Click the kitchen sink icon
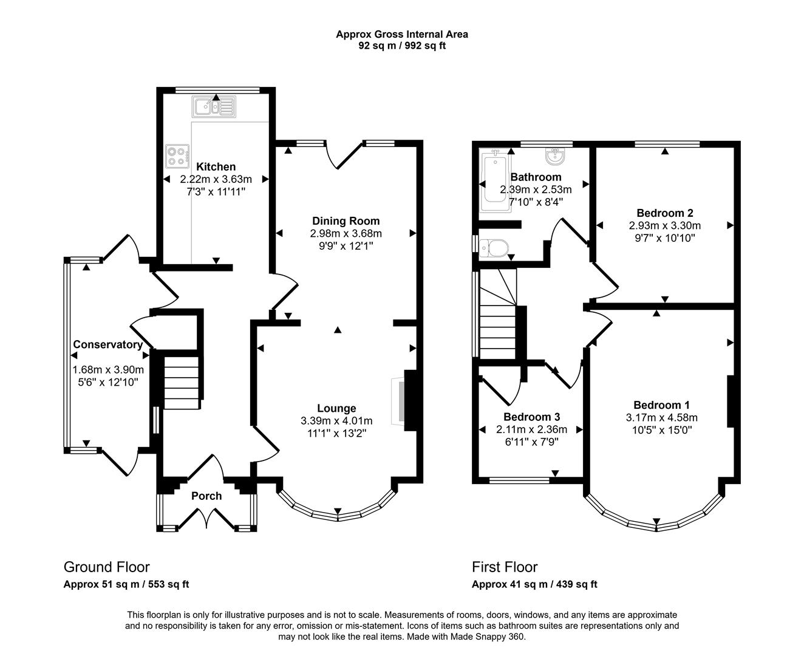pyautogui.click(x=214, y=108)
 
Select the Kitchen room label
pyautogui.click(x=216, y=166)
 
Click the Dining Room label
pyautogui.click(x=346, y=220)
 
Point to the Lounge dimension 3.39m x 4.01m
pyautogui.click(x=336, y=420)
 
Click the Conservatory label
pyautogui.click(x=108, y=344)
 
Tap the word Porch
pyautogui.click(x=206, y=496)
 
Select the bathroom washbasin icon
pyautogui.click(x=556, y=157)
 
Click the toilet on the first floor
pyautogui.click(x=493, y=248)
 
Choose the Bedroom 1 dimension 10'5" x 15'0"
pyautogui.click(x=662, y=429)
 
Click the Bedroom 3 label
pyautogui.click(x=531, y=417)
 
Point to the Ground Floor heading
pyautogui.click(x=106, y=567)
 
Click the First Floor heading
pyautogui.click(x=505, y=567)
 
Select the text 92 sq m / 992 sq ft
pyautogui.click(x=402, y=46)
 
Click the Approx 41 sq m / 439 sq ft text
pyautogui.click(x=534, y=584)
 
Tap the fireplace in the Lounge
pyautogui.click(x=400, y=401)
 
